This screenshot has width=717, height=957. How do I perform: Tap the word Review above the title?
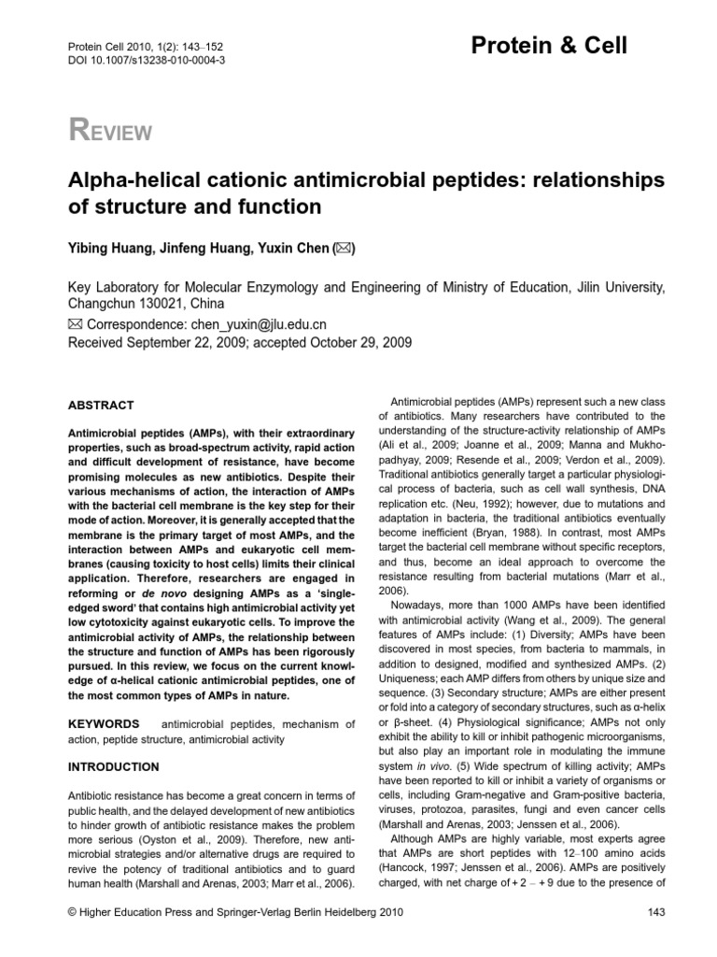click(x=110, y=131)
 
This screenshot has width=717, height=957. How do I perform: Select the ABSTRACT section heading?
click(x=102, y=406)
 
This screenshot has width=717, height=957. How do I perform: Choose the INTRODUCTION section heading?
click(x=114, y=767)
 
